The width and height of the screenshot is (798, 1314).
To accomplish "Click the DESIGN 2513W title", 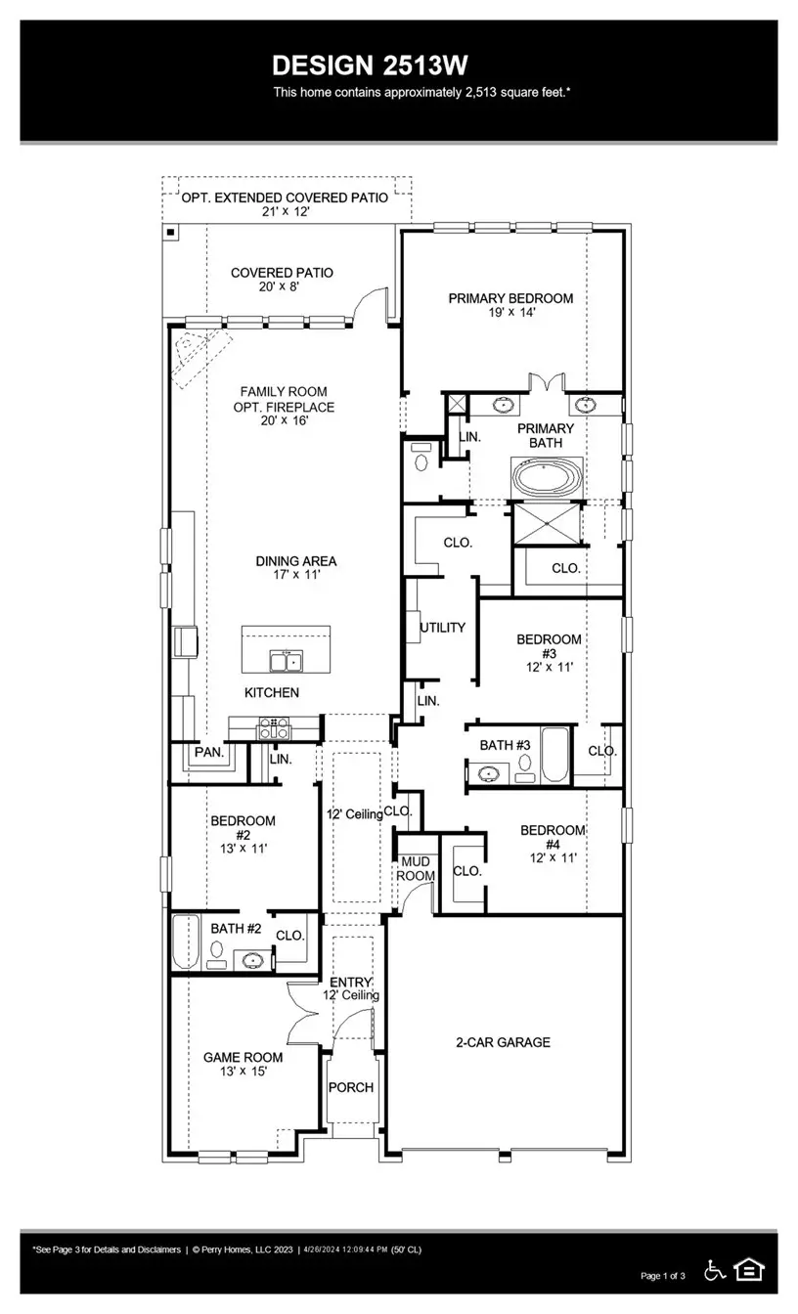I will point(370,66).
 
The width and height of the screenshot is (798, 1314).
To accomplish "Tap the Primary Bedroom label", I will point(510,298).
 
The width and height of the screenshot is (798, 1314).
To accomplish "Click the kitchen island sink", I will point(286,663).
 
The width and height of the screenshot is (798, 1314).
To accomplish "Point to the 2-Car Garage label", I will point(503,1042).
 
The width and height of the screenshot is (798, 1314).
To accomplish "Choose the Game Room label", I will point(243,1057).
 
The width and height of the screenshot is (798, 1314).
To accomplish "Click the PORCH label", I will point(350,1087).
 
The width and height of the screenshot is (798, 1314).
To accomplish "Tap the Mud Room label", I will point(416,868).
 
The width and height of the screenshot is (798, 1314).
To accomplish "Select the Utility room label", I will point(442,628).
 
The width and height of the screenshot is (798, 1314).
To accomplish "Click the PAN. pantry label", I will point(208,753).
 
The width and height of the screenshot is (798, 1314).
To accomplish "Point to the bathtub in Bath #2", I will point(186,942).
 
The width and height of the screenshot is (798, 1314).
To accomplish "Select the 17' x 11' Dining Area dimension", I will point(295,576).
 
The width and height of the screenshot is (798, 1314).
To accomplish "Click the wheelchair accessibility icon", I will point(715,1270).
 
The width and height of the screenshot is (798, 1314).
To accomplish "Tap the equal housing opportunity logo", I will point(749,1270).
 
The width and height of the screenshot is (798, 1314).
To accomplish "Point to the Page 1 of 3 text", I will point(663,1276).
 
